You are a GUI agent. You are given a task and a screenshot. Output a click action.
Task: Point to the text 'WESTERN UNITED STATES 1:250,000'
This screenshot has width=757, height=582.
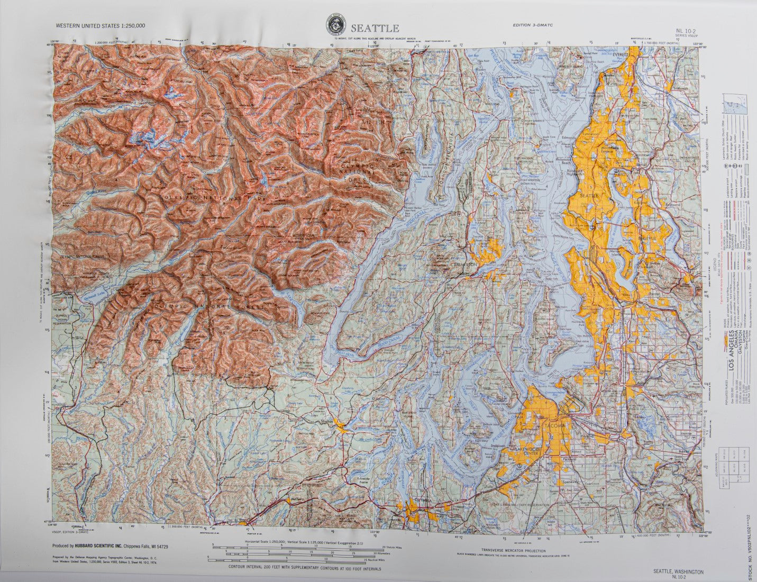100,25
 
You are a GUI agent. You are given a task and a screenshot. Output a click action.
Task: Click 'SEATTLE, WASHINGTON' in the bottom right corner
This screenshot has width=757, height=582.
678,572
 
